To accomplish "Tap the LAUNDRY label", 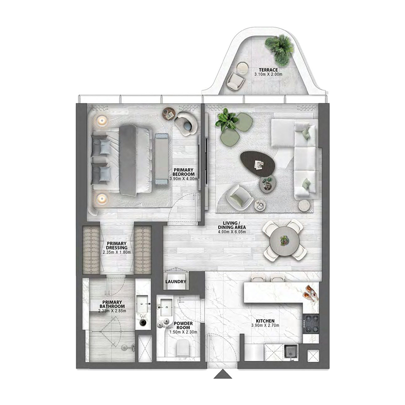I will pyautogui.click(x=176, y=282).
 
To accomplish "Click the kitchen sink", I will pyautogui.click(x=291, y=350).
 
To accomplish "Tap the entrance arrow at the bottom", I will pyautogui.click(x=222, y=375).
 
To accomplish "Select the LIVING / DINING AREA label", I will pyautogui.click(x=232, y=228).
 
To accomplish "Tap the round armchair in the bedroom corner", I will pyautogui.click(x=186, y=124).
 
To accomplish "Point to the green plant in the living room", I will pyautogui.click(x=226, y=120).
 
